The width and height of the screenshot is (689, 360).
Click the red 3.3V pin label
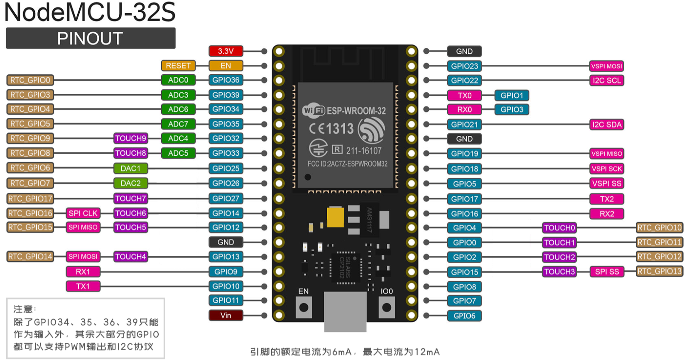226,51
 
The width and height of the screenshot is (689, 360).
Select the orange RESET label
178,66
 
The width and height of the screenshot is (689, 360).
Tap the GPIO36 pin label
226,80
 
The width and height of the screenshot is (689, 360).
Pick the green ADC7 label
178,124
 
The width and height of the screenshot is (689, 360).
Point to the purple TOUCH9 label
131,138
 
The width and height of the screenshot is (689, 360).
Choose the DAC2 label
131,183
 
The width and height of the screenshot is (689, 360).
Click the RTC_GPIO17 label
30,198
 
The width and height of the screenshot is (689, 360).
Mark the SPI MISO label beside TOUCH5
83,227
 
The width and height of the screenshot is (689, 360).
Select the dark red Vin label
226,316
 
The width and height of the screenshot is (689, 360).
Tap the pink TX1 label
83,286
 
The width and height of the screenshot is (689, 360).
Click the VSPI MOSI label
607,66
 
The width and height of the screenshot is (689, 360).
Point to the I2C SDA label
607,125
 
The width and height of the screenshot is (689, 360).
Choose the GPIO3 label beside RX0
512,110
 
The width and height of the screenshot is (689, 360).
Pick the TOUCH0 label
559,228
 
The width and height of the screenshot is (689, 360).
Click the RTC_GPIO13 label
660,272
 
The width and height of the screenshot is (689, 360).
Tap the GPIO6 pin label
464,316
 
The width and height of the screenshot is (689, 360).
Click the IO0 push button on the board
387,307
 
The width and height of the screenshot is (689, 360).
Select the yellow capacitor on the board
335,217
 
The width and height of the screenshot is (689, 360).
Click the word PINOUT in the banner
90,39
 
